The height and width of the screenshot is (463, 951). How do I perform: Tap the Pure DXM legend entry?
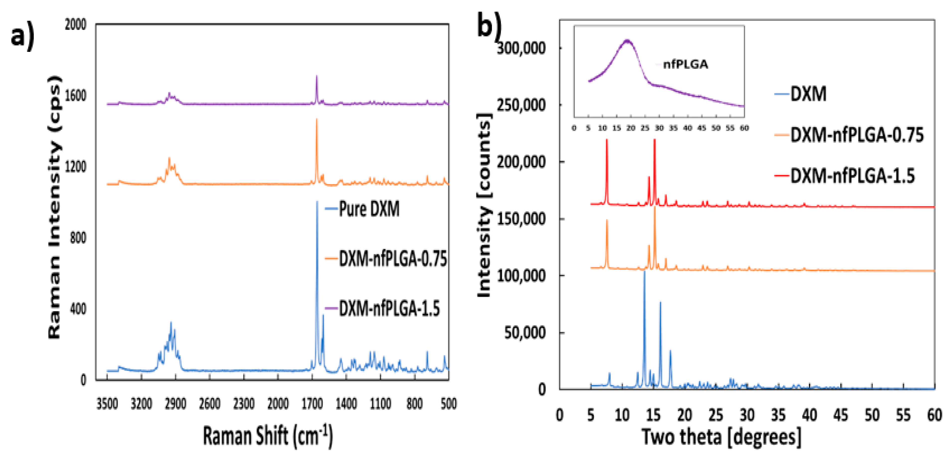point(368,209)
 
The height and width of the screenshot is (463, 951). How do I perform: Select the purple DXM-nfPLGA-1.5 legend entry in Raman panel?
point(389,308)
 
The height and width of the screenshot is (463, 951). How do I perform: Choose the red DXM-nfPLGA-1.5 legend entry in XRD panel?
point(852,176)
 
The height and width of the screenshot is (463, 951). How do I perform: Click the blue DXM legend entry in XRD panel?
point(808,94)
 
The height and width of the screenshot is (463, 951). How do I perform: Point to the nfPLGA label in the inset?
point(685,65)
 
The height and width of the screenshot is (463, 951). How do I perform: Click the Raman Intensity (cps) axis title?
point(55,207)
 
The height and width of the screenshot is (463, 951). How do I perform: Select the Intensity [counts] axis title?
point(484,205)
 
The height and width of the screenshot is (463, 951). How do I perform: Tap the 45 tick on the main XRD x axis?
point(841,415)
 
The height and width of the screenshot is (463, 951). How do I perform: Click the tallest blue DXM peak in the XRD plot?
point(644,271)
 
